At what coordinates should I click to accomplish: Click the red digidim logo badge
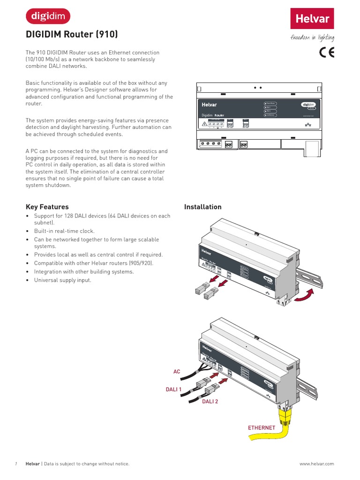48,16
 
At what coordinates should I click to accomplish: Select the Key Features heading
47,207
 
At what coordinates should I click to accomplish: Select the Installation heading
202,207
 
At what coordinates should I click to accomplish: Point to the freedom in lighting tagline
312,38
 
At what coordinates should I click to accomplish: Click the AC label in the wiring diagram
177,372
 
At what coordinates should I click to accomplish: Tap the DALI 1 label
173,389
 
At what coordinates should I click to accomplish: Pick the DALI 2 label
210,402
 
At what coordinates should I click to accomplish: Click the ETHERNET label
262,428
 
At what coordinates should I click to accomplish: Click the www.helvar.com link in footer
316,464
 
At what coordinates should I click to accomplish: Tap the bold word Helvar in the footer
32,464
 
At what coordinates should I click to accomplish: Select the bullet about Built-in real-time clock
64,231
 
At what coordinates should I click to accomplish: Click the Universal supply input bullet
62,280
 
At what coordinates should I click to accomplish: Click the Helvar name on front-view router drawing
210,105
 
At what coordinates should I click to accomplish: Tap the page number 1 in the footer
16,464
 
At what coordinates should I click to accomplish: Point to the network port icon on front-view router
307,125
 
